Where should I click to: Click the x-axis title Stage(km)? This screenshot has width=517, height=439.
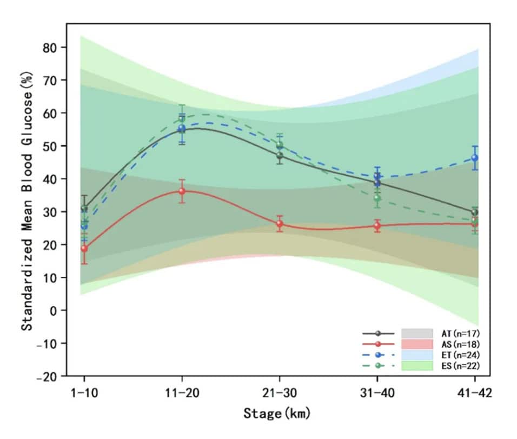pyautogui.click(x=277, y=415)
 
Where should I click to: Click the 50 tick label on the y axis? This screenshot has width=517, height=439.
pyautogui.click(x=50, y=146)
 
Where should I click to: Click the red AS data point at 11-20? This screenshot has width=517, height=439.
pyautogui.click(x=182, y=191)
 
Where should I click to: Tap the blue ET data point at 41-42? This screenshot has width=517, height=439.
pyautogui.click(x=475, y=158)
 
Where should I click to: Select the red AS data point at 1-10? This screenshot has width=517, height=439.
pyautogui.click(x=84, y=249)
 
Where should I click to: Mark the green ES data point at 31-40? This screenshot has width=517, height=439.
pyautogui.click(x=377, y=198)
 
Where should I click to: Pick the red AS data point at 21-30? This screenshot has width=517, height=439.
pyautogui.click(x=280, y=223)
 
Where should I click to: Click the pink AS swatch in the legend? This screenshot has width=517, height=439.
pyautogui.click(x=417, y=344)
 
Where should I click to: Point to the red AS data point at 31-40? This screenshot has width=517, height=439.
pyautogui.click(x=377, y=226)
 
